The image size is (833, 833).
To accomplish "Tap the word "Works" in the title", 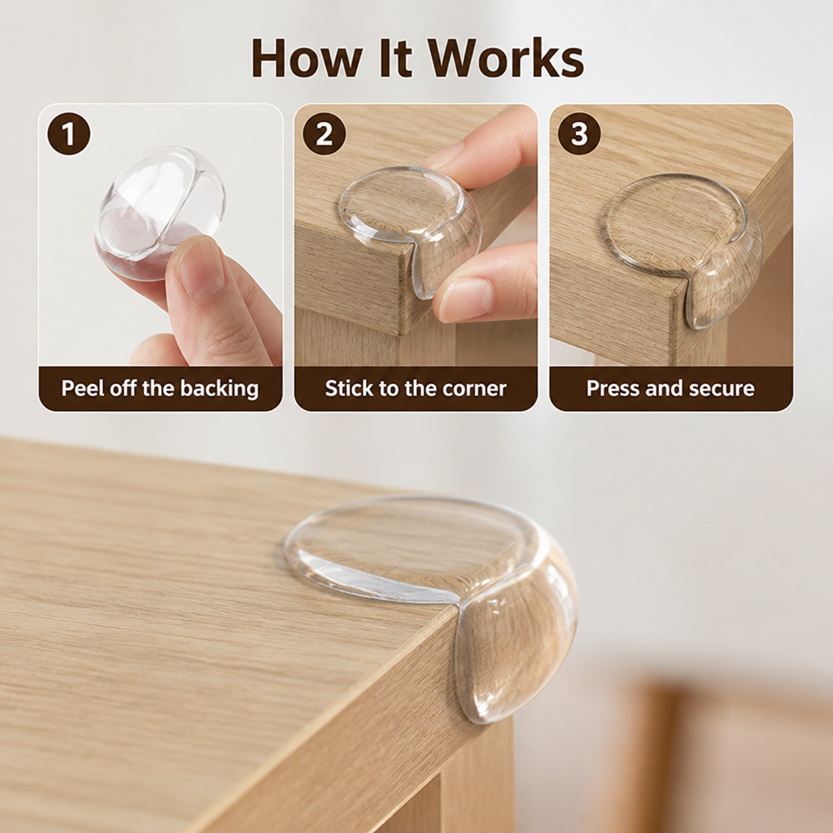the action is pyautogui.click(x=506, y=58).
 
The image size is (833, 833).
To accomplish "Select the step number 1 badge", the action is pyautogui.click(x=68, y=134).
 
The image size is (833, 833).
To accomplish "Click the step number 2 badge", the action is pyautogui.click(x=324, y=134).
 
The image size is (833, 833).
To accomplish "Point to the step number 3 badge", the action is pyautogui.click(x=579, y=134).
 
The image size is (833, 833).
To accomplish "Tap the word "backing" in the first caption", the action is pyautogui.click(x=220, y=388).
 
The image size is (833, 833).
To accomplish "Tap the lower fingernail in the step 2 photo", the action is pyautogui.click(x=468, y=298).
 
